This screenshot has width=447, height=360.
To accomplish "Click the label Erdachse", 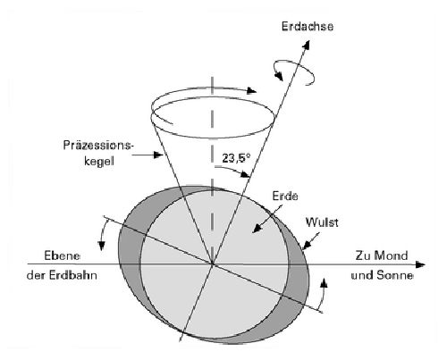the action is point(308,27).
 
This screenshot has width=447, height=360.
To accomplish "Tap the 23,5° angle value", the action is point(236,158).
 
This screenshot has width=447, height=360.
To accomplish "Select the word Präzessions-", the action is point(97,146).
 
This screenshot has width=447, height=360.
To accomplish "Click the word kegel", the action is point(99,161).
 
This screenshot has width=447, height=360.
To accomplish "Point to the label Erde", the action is point(285,196).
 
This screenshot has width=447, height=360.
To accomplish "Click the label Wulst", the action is point(322,222).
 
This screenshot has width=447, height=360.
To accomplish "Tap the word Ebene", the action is point(62,255).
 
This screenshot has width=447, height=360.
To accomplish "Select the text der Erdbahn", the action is point(62,275).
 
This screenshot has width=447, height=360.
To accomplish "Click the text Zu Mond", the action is point(382,255).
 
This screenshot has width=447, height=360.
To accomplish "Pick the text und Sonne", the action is point(383,275).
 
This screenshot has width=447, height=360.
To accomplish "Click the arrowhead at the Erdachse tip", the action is point(307,45).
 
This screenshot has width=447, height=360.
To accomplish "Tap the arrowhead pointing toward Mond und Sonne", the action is point(419,264).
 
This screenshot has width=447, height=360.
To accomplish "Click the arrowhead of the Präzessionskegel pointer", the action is point(157,155).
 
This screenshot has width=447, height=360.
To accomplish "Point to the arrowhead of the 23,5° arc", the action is point(246,175).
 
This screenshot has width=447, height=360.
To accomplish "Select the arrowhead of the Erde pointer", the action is point(257,229).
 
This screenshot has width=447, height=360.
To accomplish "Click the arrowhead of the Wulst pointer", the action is point(306,245).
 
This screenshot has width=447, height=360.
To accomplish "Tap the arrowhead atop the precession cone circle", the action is point(252,91).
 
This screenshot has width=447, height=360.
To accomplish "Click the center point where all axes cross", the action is point(212,264).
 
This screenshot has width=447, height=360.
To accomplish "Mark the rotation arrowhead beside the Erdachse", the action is point(279,76).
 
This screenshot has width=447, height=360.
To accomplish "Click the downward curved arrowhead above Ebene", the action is point(102,246).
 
